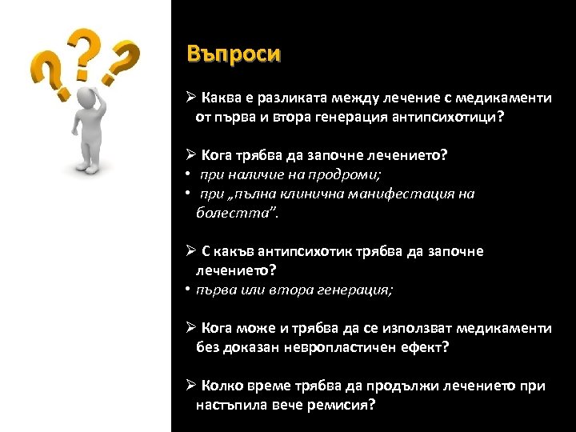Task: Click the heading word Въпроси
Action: [x=234, y=54]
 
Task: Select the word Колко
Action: [x=221, y=386]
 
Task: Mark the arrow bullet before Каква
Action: [x=190, y=98]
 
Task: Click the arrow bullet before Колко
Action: [x=190, y=386]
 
